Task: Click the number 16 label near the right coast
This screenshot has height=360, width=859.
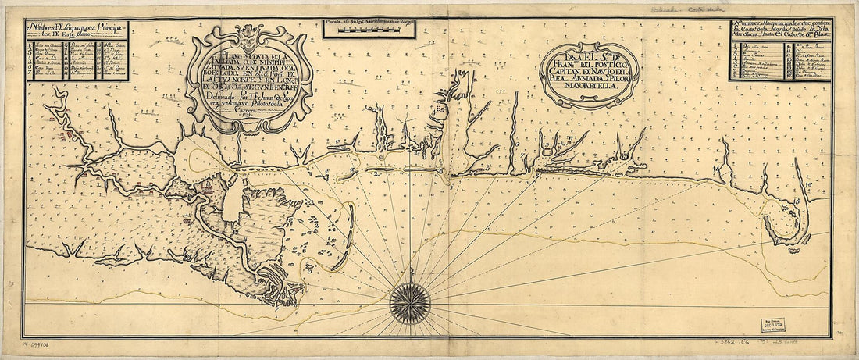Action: coord(809,184)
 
